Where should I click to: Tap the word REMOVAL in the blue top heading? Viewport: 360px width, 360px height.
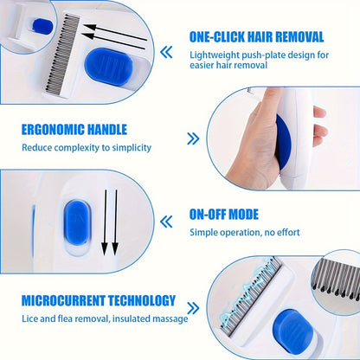[x=298, y=37]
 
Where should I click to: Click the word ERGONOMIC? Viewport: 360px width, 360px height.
[x=53, y=129]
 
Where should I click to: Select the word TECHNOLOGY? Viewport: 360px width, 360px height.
[x=144, y=301]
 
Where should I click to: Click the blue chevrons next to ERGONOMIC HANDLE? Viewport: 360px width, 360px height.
[x=191, y=138]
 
